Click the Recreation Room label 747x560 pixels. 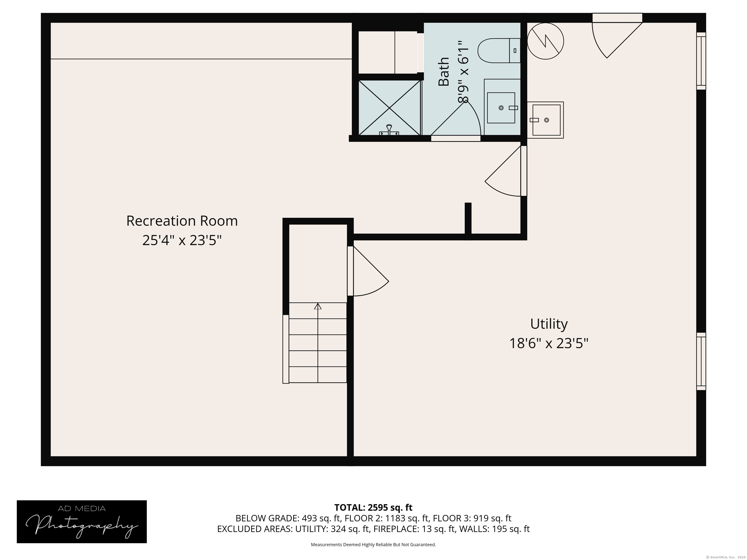[182, 221]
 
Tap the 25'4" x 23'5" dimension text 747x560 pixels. [182, 241]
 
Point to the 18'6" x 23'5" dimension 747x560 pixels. [549, 344]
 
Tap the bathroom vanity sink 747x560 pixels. [501, 108]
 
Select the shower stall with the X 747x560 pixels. [390, 108]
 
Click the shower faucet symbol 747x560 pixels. [389, 130]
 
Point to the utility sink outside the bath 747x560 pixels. [545, 120]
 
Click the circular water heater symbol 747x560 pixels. [545, 41]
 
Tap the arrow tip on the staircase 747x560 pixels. [318, 304]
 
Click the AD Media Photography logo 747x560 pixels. [82, 522]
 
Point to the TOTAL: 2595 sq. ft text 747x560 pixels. [373, 507]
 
